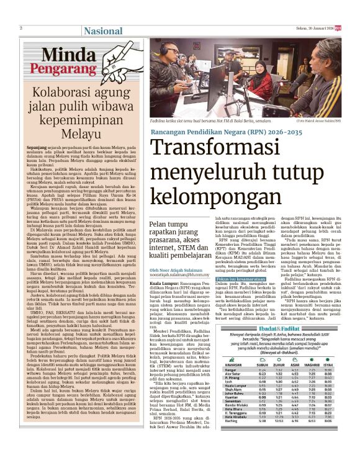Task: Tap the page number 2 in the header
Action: tap(20, 28)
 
